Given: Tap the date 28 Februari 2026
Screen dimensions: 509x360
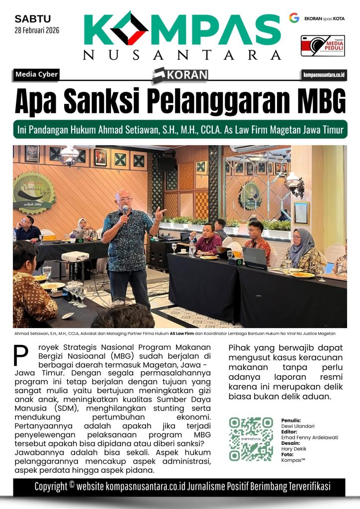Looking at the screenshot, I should pos(37,30).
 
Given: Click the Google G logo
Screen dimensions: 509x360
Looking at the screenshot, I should pos(294,18).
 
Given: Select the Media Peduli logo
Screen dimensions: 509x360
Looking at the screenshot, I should pos(323,46).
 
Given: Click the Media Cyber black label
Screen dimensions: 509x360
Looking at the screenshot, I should pos(37,75).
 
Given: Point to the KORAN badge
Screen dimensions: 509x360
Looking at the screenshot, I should pos(180,75).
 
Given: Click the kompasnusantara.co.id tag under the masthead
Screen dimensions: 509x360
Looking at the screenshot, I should pos(324,75).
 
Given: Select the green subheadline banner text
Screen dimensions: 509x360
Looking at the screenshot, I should pos(180,130).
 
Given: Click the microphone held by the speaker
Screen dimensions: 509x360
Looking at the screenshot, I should pos(124,213).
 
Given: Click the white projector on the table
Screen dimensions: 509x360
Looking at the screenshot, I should pos(75,256).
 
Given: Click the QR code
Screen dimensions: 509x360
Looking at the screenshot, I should pos(251,439).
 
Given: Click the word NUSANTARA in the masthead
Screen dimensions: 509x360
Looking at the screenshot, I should pos(181,55).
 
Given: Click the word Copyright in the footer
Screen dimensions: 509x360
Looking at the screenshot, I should pos(54,487).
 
